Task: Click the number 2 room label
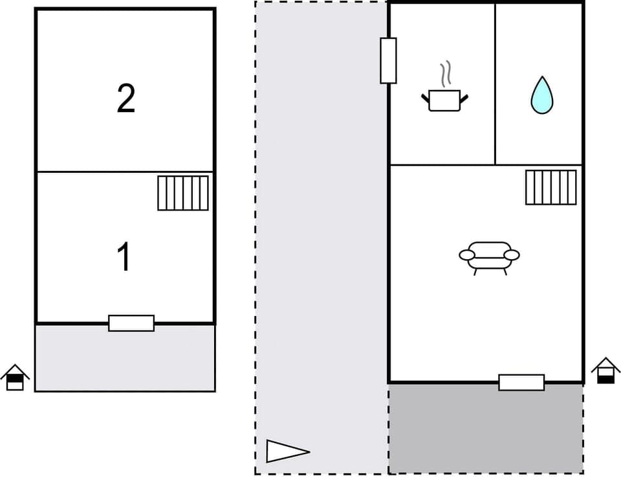(126, 99)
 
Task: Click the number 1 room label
(124, 257)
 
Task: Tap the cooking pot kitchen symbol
(444, 100)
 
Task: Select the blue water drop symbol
(541, 95)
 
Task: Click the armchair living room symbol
(489, 255)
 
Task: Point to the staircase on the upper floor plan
(183, 193)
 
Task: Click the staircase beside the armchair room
(550, 187)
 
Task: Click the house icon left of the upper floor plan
(15, 378)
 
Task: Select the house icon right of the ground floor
(605, 371)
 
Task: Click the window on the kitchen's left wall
(388, 60)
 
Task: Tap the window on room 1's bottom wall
(131, 323)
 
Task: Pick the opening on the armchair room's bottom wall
(521, 382)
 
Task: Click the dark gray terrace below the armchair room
(486, 428)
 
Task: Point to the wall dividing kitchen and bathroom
(496, 84)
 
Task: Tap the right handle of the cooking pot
(463, 98)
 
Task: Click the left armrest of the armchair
(467, 255)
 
